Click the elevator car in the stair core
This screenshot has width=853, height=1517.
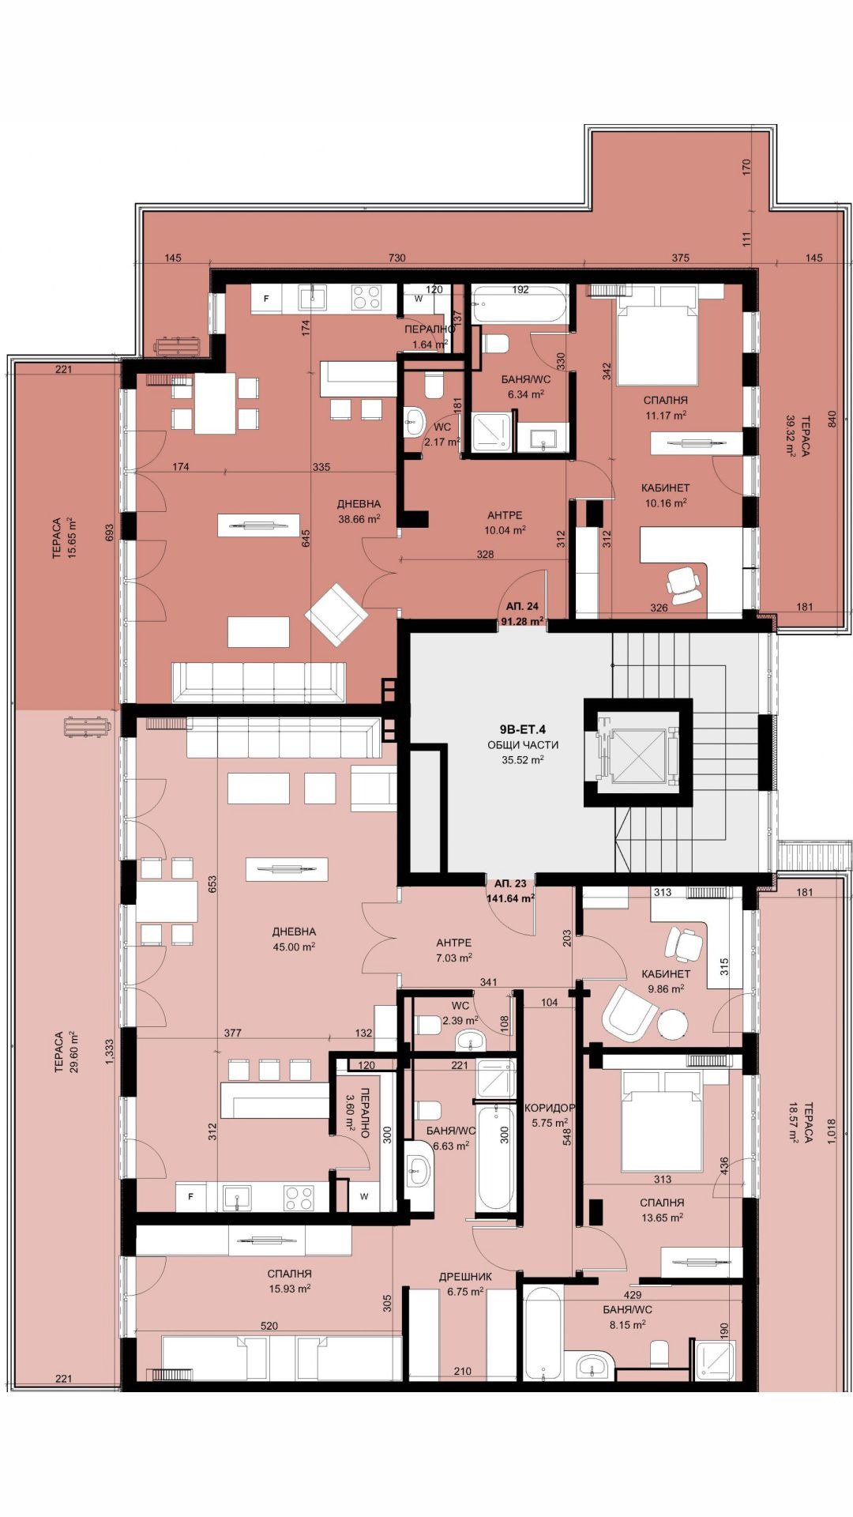(637, 751)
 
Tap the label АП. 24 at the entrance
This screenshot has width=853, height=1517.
(522, 607)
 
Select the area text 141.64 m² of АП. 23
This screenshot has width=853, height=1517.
(511, 898)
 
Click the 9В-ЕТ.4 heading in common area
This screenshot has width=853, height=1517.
(523, 730)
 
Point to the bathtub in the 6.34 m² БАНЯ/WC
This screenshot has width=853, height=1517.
(520, 304)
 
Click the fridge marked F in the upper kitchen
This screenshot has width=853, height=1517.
(267, 299)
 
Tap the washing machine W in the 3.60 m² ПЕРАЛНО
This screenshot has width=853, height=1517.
(364, 1196)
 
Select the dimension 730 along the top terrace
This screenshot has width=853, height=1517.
(397, 258)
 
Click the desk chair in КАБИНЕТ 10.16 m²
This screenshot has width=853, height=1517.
(684, 581)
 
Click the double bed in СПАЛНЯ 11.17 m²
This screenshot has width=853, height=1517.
(658, 346)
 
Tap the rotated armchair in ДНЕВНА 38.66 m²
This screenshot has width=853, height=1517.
(336, 615)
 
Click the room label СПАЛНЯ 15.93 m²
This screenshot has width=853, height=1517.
(289, 1281)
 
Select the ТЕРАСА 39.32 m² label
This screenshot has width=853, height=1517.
(796, 436)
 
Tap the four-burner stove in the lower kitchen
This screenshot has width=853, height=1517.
(299, 1198)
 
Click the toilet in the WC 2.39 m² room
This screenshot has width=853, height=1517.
(429, 1026)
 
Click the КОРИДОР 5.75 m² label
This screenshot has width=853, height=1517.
(550, 1115)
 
